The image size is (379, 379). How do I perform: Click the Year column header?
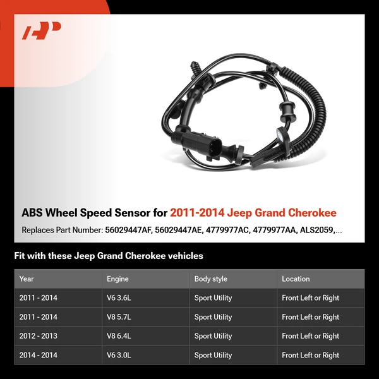pos(27,279)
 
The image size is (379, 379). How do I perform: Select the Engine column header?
pos(117,279)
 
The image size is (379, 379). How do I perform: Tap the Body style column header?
pos(210,279)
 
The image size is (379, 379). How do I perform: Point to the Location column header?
pos(296,279)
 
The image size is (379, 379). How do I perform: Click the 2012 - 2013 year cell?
pos(38,336)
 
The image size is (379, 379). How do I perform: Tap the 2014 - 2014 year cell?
pos(38,355)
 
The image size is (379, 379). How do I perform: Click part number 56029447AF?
pos(128,230)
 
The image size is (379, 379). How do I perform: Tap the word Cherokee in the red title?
pos(311,213)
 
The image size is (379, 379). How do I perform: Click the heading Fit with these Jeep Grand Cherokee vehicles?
pos(109,256)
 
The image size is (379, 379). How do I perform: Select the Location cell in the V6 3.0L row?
pos(310,355)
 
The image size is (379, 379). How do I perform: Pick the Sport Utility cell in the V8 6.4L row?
pos(213,336)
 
